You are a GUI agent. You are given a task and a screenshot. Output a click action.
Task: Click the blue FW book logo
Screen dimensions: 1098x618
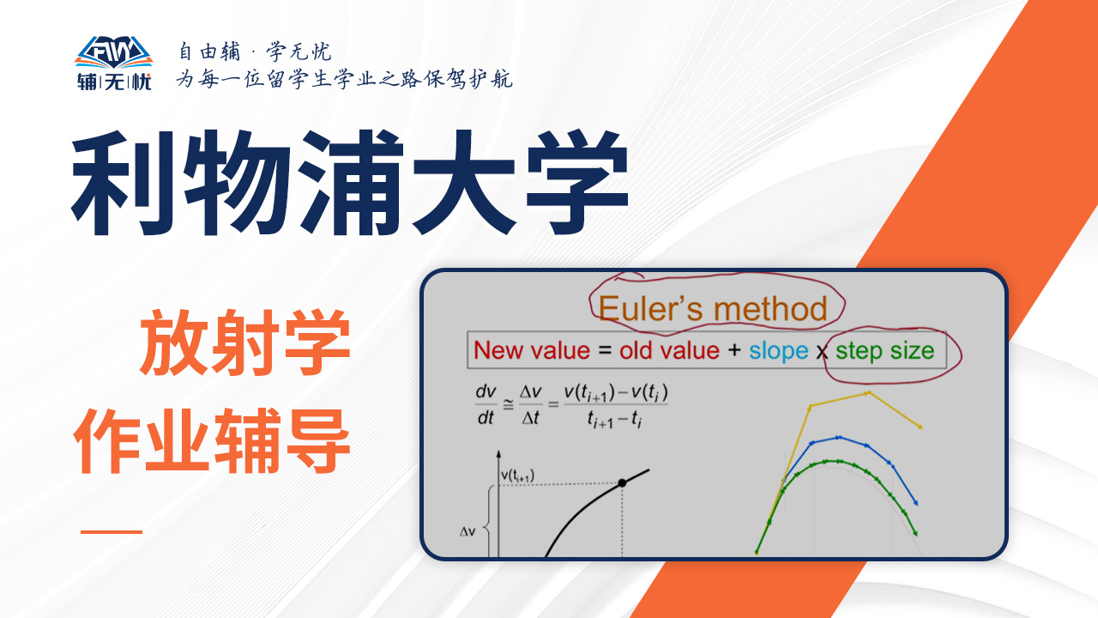pos(114,52)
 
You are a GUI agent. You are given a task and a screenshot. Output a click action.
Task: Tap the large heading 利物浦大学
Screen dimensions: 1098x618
pos(350,183)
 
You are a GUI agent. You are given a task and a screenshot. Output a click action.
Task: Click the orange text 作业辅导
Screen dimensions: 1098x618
pos(212,440)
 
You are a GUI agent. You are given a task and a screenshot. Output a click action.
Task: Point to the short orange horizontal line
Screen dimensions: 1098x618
pos(112,531)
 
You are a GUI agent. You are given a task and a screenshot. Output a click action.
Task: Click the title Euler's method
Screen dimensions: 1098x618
pos(713,309)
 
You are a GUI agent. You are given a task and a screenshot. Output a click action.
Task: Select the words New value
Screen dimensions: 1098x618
pos(532,351)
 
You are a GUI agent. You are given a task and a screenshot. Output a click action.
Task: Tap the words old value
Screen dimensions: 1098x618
pos(669,351)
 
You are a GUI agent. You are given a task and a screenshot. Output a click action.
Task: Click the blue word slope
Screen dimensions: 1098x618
pos(778,351)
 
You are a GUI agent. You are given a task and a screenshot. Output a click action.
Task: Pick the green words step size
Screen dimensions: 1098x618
pos(884,351)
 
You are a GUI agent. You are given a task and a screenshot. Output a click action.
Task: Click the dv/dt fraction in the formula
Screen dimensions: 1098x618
pos(486,404)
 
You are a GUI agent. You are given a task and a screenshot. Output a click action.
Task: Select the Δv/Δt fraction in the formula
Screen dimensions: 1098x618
pos(530,404)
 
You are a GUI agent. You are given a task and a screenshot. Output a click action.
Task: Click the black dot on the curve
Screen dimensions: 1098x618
pos(622,483)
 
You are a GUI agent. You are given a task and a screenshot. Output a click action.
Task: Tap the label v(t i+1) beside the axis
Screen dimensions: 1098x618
pos(517,476)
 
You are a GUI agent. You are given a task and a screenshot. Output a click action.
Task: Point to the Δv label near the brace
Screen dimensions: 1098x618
pos(468,531)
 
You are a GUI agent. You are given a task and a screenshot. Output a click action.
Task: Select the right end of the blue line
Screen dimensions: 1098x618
pos(916,503)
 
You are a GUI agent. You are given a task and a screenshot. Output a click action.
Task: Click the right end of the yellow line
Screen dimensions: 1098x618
pos(921,427)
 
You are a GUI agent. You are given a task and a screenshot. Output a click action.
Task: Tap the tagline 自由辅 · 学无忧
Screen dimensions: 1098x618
pos(255,51)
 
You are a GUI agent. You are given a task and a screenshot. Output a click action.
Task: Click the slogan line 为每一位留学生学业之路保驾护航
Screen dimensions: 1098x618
pos(345,79)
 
